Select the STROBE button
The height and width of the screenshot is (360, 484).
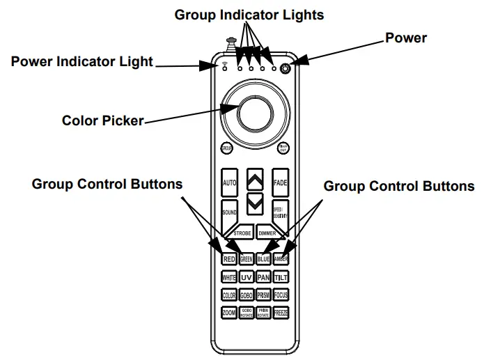242,233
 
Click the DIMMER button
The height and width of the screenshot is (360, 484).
268,233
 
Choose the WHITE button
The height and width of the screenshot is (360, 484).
229,277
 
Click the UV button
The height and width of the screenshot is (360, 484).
246,277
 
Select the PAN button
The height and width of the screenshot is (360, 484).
263,277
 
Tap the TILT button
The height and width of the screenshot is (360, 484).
281,277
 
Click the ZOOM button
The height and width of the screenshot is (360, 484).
229,313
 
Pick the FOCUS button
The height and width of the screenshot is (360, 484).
281,295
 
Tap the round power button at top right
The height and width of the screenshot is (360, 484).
286,68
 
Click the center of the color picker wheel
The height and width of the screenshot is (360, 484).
255,110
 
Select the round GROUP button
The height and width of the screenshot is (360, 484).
226,148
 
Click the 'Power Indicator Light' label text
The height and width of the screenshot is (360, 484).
82,61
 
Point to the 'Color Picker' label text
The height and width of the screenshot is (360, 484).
102,120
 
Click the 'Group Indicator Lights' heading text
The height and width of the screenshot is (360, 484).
249,14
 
